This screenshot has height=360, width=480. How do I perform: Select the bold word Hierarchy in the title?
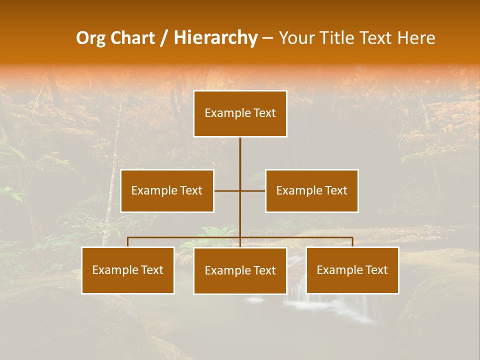click(215, 38)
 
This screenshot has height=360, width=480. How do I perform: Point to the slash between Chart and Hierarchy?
click(163, 38)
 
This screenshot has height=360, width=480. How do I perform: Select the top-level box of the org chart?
click(240, 113)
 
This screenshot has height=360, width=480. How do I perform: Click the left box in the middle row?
click(167, 190)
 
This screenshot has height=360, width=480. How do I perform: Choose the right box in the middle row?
click(312, 190)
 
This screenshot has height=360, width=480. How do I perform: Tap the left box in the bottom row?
click(128, 270)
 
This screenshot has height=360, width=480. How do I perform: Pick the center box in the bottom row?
click(240, 271)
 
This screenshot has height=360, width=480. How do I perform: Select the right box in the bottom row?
click(352, 270)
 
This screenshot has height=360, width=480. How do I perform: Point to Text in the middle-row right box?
click(336, 190)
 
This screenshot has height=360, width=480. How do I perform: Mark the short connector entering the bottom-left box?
click(128, 242)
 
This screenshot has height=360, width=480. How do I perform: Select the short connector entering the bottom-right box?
click(352, 242)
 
